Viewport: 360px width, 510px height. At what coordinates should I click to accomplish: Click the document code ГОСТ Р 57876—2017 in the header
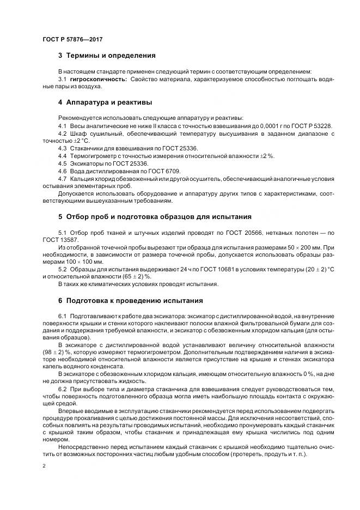tap(72, 39)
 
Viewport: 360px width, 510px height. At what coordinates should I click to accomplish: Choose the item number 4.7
tap(62, 179)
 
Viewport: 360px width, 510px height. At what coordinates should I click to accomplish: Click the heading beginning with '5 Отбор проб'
tap(155, 216)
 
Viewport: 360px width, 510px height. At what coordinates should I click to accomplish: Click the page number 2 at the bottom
tap(44, 466)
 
